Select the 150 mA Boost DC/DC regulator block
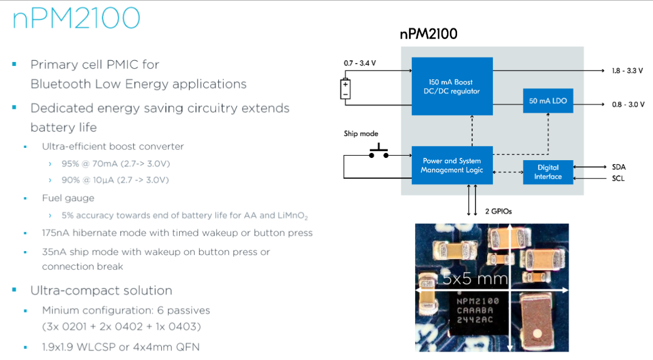click(452, 87)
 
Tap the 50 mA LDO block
click(548, 101)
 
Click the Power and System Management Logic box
click(452, 165)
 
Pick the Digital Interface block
click(548, 172)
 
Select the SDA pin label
click(618, 167)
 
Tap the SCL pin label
click(618, 179)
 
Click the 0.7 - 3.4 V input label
click(360, 63)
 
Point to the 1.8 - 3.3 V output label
click(628, 71)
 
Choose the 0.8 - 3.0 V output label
click(628, 104)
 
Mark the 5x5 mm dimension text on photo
click(475, 278)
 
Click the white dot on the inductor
click(538, 334)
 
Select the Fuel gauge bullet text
click(68, 198)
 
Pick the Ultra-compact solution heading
click(101, 290)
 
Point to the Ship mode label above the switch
click(361, 134)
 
